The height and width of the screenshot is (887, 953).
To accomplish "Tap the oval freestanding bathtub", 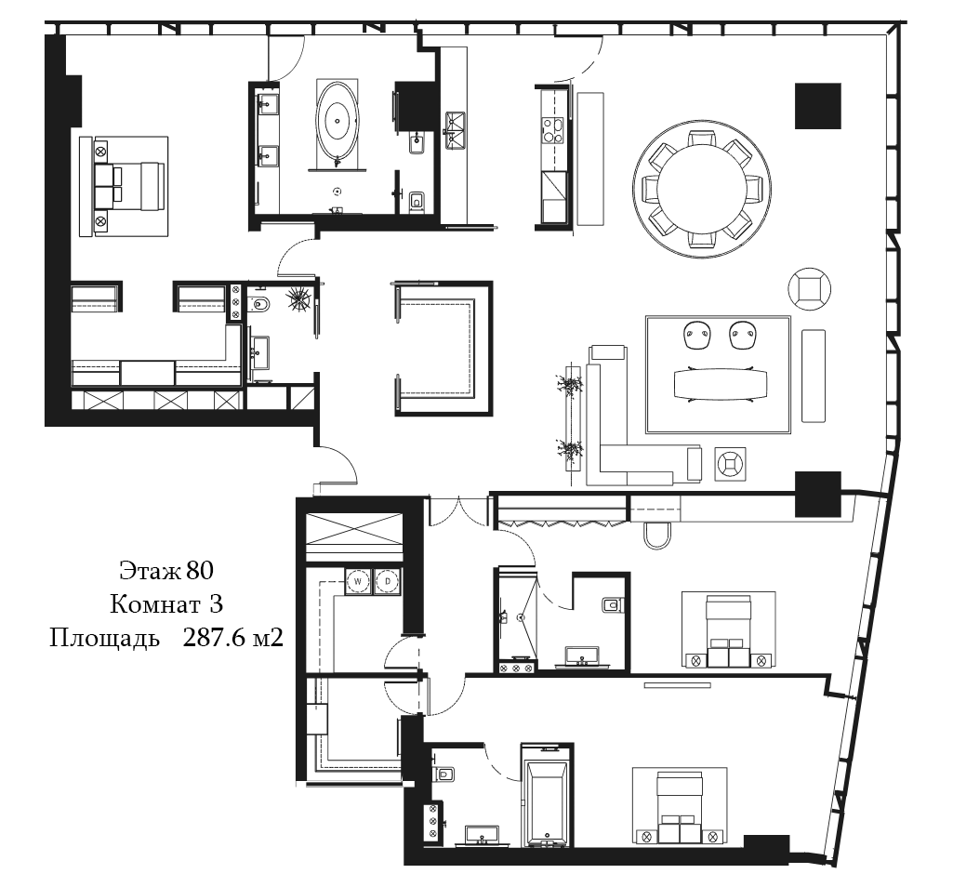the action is tap(338, 120).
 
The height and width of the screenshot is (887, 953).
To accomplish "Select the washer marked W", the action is tap(358, 581).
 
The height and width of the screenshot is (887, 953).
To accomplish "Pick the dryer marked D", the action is tap(387, 581).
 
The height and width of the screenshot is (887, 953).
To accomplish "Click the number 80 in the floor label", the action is tap(200, 571).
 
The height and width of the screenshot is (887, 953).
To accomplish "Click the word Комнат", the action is tap(155, 605).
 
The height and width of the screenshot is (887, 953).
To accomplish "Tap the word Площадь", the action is tap(104, 640).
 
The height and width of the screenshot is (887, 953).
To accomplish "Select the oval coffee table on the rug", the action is tap(721, 384).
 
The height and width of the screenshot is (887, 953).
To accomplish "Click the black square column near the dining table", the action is tap(818, 106).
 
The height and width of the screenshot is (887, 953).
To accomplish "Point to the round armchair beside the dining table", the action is tap(810, 288).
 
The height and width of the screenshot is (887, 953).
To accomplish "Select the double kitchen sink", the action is tap(456, 130).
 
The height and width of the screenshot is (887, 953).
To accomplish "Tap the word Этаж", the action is tap(150, 571).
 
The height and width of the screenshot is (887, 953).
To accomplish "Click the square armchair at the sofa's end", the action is tap(730, 465).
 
